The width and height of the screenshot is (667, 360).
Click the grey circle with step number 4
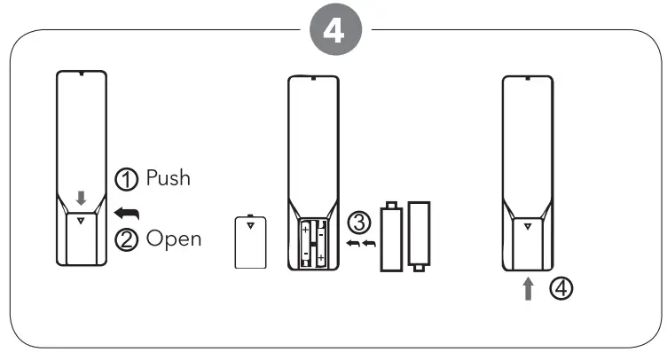coord(333,31)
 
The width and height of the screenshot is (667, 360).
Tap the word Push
coord(168,177)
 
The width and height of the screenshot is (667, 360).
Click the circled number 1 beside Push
coord(128,178)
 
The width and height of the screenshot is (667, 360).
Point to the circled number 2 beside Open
coord(128,239)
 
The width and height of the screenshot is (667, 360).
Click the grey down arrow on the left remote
coord(81,198)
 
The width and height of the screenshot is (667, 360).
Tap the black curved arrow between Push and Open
coord(128,210)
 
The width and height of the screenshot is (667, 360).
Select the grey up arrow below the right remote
coord(529,290)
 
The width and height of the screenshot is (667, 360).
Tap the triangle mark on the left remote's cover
coord(81,221)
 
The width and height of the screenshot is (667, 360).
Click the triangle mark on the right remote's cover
coord(529,226)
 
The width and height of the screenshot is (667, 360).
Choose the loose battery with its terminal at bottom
coord(419,235)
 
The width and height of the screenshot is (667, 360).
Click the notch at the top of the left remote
coord(81,74)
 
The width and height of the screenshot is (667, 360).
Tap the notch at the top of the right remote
coord(529,80)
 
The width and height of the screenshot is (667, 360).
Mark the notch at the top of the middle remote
coord(314,80)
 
